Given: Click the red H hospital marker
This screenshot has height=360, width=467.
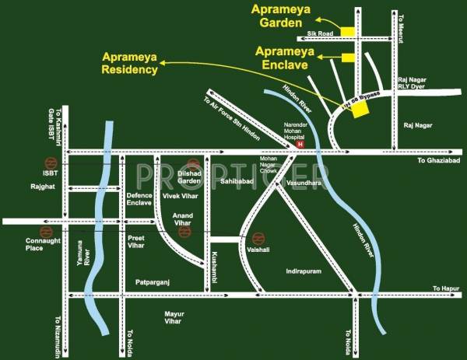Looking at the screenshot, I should [291, 142].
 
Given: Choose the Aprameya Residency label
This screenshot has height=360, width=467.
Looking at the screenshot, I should [130, 63].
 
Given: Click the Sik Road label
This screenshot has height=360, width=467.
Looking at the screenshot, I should [321, 34].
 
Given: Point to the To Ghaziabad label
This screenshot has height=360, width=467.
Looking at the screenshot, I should [439, 160].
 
